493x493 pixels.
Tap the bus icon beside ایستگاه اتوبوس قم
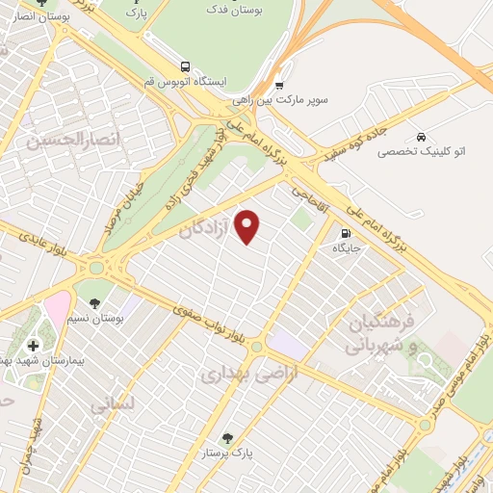pos(184,66)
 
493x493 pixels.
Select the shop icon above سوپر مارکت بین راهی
pos(279,83)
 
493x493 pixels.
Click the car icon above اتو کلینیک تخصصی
pos(422,136)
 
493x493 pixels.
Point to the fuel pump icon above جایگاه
pos(345,233)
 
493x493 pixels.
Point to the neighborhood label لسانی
pos(115,405)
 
